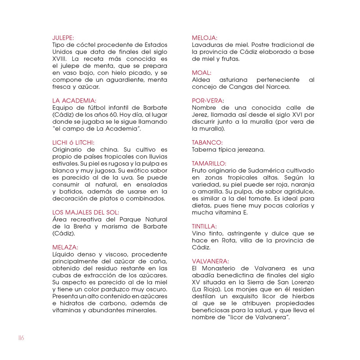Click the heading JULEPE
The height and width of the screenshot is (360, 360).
tap(63, 38)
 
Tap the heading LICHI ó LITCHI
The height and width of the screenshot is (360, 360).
tap(74, 143)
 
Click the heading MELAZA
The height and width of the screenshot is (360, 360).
tap(65, 247)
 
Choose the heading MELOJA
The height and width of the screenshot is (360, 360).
tap(205, 38)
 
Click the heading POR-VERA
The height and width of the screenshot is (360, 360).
tap(208, 101)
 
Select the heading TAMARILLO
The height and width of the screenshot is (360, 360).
tap(209, 163)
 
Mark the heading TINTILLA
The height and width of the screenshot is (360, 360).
tap(204, 226)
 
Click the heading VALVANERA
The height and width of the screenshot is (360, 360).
tap(210, 261)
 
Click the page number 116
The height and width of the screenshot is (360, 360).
tap(21, 338)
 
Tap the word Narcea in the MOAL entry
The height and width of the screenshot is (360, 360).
tap(278, 87)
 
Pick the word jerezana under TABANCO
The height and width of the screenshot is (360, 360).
tap(250, 149)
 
